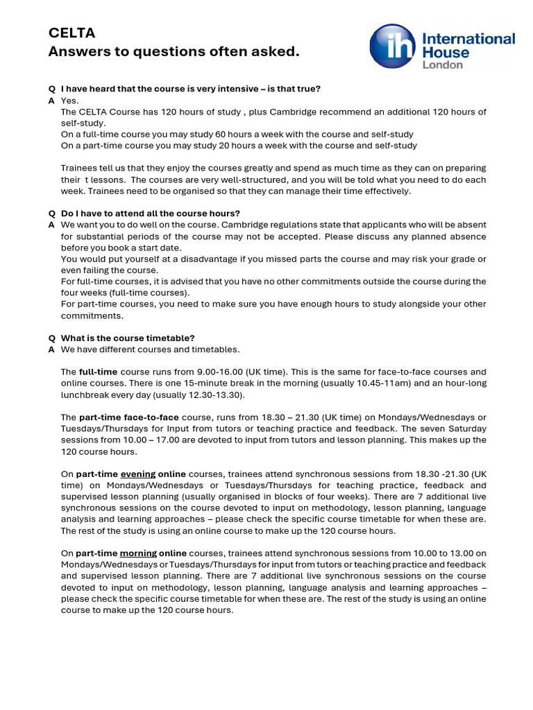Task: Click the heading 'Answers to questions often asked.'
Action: [174, 52]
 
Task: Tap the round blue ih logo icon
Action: [392, 46]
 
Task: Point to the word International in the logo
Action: [468, 38]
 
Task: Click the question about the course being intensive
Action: [191, 89]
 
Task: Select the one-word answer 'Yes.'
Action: [70, 101]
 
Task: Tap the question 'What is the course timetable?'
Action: [128, 338]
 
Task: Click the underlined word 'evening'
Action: [138, 474]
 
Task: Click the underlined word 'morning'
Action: [138, 553]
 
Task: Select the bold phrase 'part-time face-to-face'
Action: [128, 417]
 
